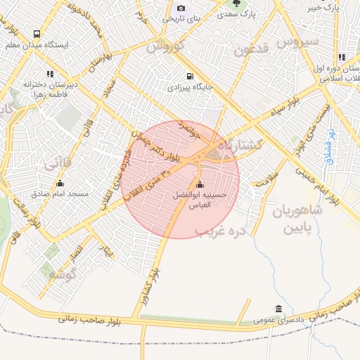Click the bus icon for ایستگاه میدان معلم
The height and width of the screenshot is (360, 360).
37,33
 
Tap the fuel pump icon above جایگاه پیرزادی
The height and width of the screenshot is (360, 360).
188,77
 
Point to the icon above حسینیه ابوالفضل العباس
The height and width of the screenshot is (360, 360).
199,185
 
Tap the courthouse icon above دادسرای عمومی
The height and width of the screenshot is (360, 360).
279,309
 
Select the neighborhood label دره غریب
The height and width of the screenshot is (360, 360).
221,231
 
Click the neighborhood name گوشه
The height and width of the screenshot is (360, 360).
62,274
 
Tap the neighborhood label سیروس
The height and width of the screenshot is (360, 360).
298,41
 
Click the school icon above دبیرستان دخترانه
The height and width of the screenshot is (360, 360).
50,73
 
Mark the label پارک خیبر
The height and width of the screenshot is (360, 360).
324,8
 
